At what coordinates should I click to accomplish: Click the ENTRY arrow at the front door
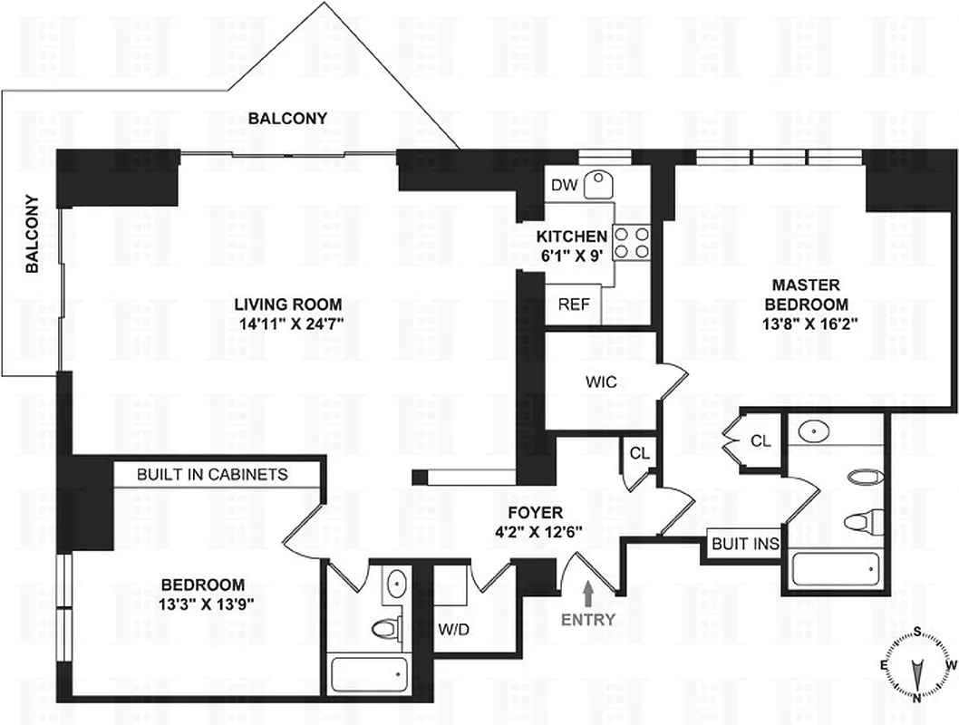(x=587, y=594)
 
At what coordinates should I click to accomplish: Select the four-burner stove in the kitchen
(x=632, y=242)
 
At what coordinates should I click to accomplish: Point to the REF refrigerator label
(x=573, y=304)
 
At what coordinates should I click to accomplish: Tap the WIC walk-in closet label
(x=601, y=382)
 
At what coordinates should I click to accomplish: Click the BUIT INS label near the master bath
(x=745, y=545)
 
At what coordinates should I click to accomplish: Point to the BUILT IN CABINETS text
(x=212, y=474)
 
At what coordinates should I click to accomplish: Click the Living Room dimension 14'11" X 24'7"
(x=288, y=322)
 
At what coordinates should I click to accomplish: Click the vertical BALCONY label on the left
(x=32, y=235)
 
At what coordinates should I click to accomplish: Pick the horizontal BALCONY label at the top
(x=288, y=119)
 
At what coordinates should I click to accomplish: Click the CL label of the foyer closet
(x=638, y=451)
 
